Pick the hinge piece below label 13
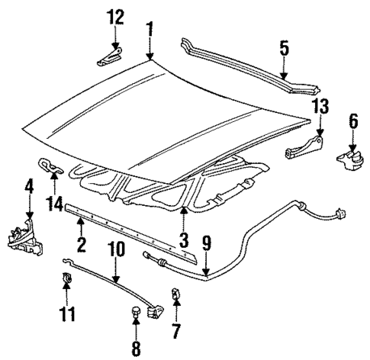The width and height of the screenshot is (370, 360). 306,148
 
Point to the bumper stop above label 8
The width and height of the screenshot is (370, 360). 136,312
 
